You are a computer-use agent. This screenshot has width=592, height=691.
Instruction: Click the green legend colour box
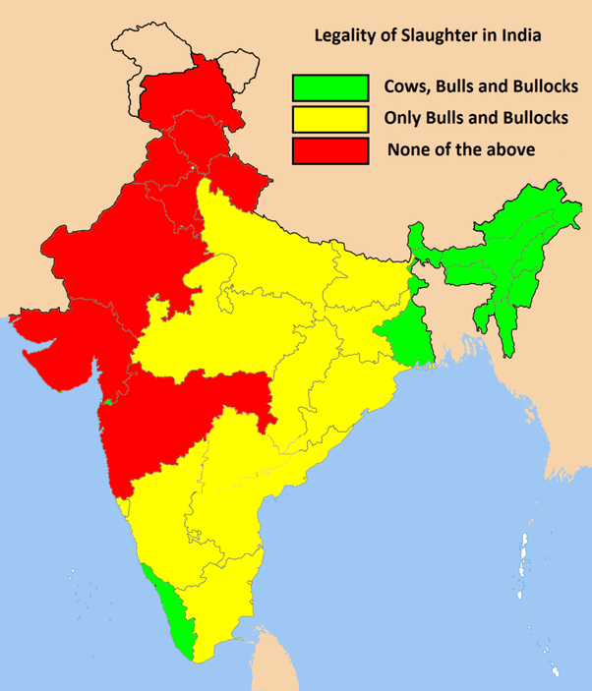pos(329,86)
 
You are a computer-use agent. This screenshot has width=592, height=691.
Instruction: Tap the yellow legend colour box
pos(329,118)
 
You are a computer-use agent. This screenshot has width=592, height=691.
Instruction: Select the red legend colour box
pos(329,150)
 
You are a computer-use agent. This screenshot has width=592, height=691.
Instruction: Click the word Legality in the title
pos(343,36)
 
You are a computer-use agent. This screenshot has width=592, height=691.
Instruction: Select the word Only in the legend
pos(403,118)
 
